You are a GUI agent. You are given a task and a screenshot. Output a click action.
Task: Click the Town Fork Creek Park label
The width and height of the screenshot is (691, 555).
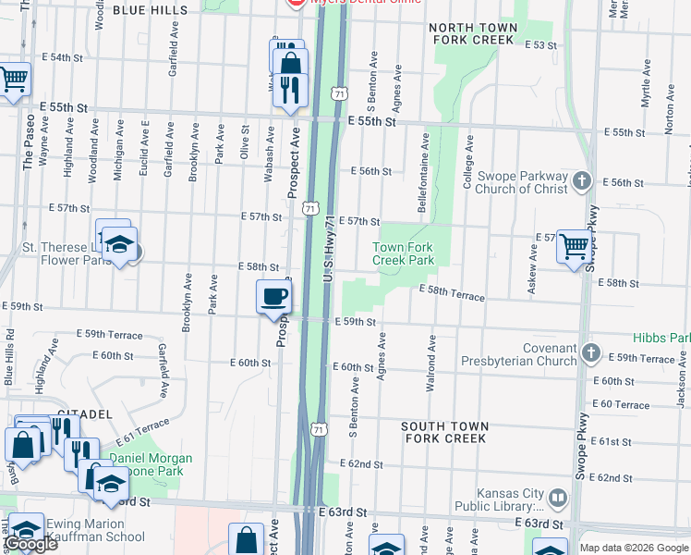(x=403, y=253)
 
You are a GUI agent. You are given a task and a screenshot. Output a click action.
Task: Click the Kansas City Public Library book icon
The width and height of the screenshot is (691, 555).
(x=558, y=499)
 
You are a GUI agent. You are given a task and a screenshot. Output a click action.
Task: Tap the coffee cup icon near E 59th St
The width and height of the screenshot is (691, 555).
(x=273, y=297)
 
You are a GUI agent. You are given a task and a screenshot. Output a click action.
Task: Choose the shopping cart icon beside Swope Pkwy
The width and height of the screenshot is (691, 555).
(x=575, y=246)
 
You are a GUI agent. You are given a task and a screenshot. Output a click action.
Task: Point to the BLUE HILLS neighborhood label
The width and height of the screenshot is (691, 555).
(x=149, y=10)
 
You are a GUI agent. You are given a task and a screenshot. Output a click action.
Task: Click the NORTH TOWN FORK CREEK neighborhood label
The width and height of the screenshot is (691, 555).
(x=471, y=34)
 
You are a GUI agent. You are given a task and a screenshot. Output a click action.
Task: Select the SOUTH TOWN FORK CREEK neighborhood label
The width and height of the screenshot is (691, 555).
(x=444, y=432)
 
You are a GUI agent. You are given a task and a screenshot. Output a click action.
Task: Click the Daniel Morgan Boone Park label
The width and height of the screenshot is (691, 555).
(x=152, y=464)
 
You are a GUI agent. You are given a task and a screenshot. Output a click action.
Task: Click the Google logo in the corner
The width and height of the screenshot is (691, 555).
(x=30, y=544)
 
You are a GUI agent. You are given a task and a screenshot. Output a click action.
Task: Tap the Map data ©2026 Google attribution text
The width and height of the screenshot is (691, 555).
(x=634, y=548)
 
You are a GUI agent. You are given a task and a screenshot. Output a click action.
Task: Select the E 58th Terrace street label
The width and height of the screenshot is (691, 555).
(x=452, y=293)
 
